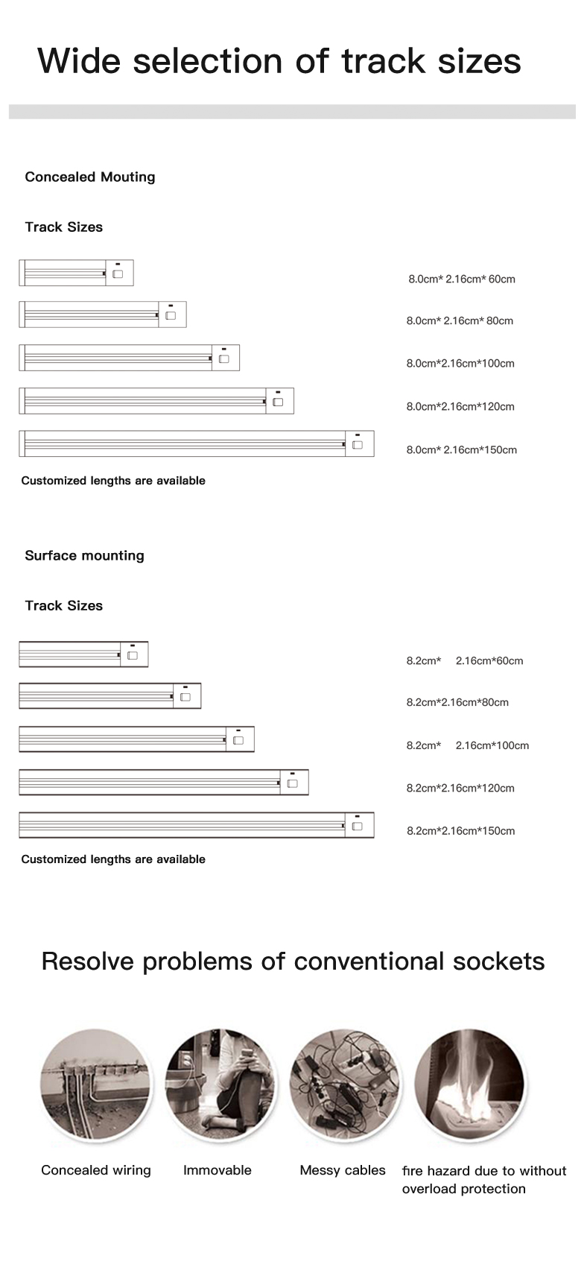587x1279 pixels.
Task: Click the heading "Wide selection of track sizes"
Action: point(279,61)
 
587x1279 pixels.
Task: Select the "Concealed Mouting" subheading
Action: point(90,177)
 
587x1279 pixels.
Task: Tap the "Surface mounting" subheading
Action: point(84,555)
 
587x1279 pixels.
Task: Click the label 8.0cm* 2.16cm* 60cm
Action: point(461,279)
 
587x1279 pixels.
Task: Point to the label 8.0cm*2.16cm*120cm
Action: point(460,406)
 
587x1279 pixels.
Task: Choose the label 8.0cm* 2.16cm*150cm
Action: point(461,449)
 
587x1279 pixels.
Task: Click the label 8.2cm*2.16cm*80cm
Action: point(457,702)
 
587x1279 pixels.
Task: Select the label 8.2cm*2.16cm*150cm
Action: point(460,830)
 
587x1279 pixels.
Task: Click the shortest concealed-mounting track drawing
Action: point(76,273)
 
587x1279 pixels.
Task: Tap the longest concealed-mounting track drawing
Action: point(197,443)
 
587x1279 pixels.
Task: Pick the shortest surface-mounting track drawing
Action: point(83,654)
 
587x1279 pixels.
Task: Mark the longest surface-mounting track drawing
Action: point(197,825)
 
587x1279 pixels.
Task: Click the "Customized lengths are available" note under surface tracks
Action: point(113,859)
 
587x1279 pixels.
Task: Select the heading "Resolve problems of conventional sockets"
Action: point(293,961)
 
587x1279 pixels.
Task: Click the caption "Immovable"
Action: point(218,1170)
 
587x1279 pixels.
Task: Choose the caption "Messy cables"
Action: point(343,1170)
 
